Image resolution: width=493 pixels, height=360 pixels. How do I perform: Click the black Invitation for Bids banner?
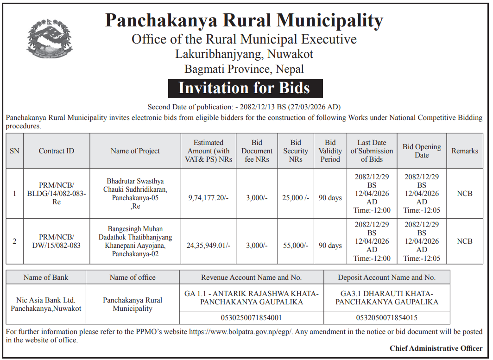[244, 88]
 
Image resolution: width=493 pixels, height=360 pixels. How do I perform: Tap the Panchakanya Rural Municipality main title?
[244, 21]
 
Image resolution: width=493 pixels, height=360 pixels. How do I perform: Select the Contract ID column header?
[57, 151]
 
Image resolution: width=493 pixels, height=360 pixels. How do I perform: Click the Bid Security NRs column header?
[296, 151]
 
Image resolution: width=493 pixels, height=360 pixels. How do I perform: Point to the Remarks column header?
[465, 151]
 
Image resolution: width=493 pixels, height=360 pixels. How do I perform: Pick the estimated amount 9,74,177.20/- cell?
[209, 198]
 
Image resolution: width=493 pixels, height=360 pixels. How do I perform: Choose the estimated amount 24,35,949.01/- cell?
[209, 246]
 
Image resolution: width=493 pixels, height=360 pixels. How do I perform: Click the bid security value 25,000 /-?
[296, 198]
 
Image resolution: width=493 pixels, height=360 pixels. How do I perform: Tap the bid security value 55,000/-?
[296, 246]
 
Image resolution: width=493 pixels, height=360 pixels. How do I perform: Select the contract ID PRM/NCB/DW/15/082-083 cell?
[57, 241]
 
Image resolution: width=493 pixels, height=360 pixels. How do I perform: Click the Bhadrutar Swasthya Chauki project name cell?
[135, 194]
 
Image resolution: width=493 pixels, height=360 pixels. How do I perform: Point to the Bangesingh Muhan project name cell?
[135, 241]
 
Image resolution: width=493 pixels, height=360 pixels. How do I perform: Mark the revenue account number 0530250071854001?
[251, 318]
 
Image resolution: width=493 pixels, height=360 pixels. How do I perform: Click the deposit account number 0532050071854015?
[386, 318]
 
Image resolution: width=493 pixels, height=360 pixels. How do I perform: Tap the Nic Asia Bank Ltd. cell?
[46, 304]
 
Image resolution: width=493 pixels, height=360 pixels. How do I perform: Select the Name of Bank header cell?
[46, 278]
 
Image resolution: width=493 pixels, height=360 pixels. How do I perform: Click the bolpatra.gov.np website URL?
[241, 332]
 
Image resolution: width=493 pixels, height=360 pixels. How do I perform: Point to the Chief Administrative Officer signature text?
[436, 348]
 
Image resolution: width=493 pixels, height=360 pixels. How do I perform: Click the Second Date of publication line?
[244, 107]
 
